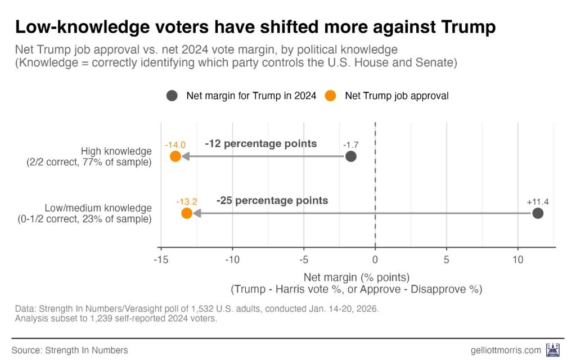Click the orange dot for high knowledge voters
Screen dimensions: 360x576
(175, 156)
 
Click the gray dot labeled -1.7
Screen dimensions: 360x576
(351, 156)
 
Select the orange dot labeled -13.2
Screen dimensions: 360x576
(187, 213)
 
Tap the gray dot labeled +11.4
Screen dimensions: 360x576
(538, 213)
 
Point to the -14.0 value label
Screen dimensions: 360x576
(175, 144)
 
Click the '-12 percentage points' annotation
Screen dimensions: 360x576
(260, 143)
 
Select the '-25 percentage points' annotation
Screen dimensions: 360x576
(272, 200)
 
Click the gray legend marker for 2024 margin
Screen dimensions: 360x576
(172, 96)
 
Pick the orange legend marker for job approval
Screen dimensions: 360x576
(331, 96)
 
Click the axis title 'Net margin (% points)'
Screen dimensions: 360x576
(356, 277)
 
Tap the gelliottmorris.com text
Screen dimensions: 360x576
(506, 350)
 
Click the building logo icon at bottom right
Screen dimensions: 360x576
(552, 349)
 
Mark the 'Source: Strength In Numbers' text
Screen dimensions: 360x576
(70, 350)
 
